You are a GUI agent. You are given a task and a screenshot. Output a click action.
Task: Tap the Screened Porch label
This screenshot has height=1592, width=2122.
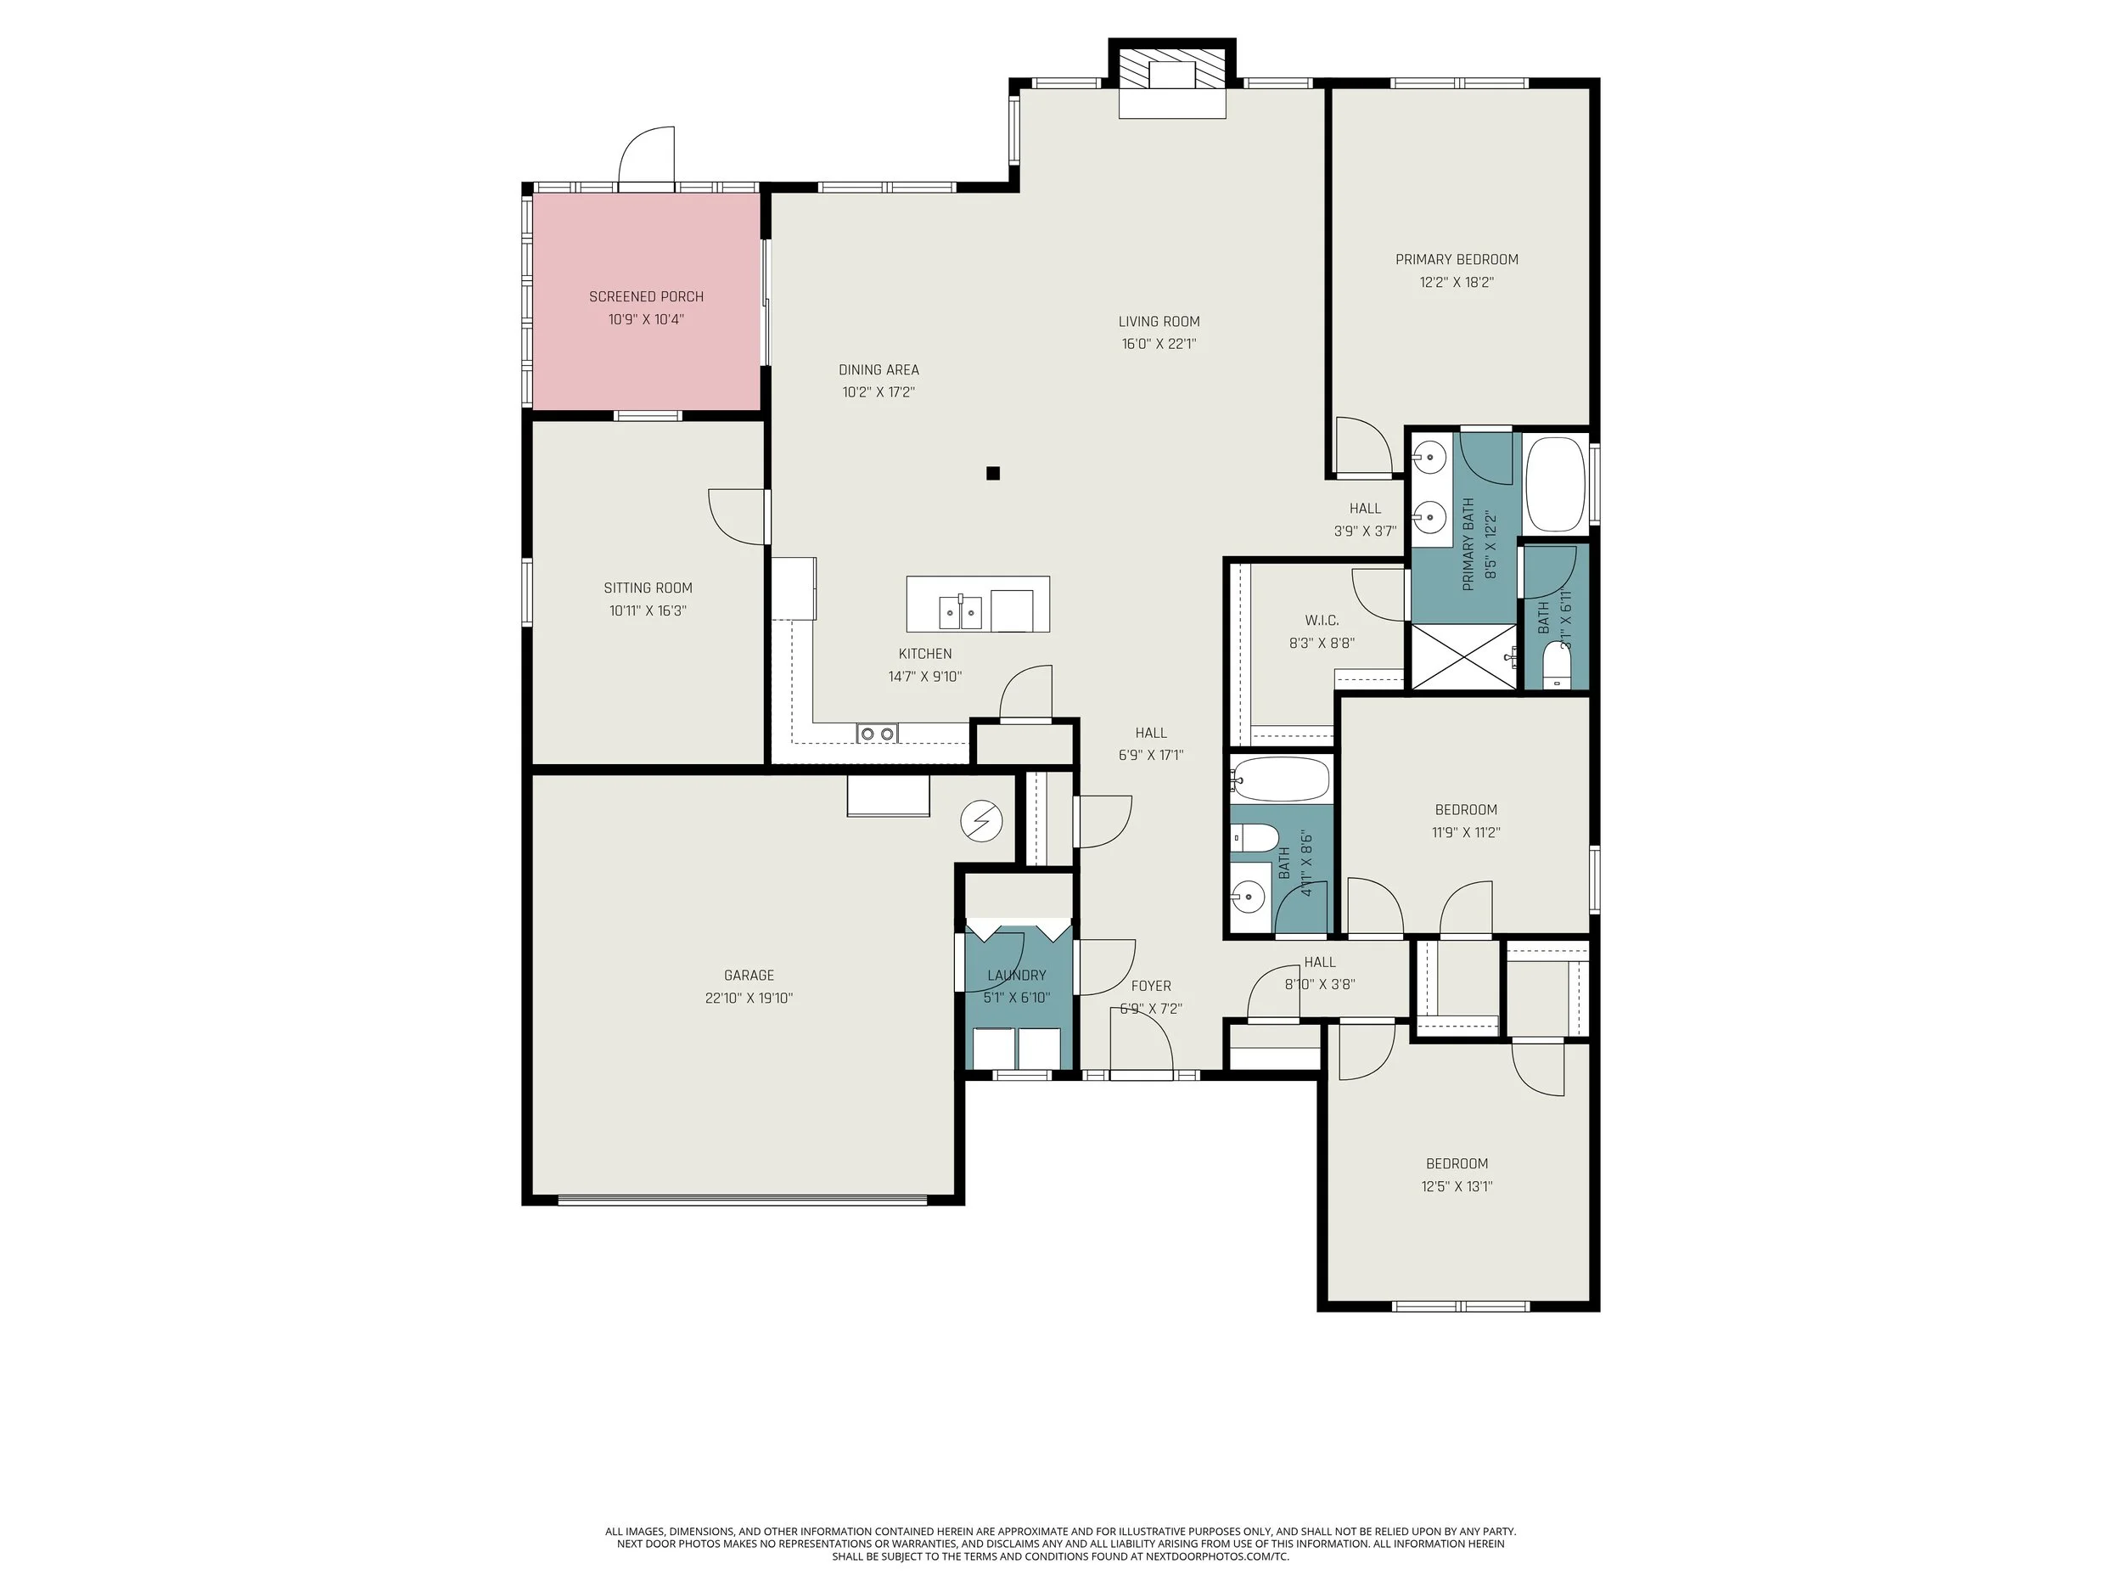point(646,296)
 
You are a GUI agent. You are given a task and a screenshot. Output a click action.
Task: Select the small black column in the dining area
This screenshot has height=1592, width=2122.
point(993,473)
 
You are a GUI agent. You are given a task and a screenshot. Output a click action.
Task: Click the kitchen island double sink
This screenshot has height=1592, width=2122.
point(960,611)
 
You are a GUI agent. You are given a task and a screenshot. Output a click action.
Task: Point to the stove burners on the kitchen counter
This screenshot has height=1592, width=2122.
point(878,734)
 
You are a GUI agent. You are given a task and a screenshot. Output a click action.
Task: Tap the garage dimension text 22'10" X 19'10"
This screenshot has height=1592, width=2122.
point(749,998)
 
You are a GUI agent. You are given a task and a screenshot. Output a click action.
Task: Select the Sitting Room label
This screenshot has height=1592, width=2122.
point(648,588)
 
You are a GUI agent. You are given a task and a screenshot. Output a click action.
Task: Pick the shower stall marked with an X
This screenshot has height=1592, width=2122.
point(1464,656)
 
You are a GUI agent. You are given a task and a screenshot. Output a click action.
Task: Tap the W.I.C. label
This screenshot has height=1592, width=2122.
point(1321,621)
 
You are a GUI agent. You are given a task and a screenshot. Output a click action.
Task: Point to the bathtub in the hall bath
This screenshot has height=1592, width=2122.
point(1282,780)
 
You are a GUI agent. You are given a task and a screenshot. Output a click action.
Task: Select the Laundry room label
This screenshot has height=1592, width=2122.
point(1016,975)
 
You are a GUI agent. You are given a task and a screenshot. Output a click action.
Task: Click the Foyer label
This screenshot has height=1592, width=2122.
point(1150,986)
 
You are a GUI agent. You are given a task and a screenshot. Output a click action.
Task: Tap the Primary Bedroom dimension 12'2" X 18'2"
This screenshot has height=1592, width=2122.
point(1457,282)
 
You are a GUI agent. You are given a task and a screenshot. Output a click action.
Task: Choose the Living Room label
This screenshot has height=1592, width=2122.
point(1159,322)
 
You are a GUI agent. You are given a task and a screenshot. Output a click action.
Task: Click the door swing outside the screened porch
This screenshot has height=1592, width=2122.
point(648,156)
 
